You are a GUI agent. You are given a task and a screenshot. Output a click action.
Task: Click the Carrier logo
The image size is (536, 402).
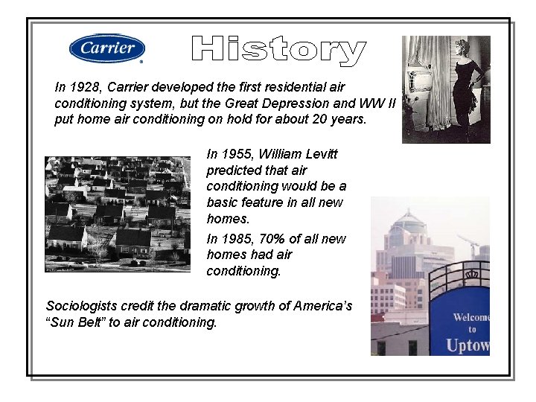coord(106,49)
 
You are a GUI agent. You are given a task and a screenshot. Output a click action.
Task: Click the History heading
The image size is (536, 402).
coord(278,50)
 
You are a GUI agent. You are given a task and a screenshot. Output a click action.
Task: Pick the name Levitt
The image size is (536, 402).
coord(321,154)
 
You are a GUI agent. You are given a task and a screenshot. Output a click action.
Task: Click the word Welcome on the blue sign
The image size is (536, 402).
coord(471,318)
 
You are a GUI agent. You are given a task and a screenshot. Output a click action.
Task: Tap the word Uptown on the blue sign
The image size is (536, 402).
coord(468,345)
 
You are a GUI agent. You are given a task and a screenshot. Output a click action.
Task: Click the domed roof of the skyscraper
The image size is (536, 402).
coord(409,222)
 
